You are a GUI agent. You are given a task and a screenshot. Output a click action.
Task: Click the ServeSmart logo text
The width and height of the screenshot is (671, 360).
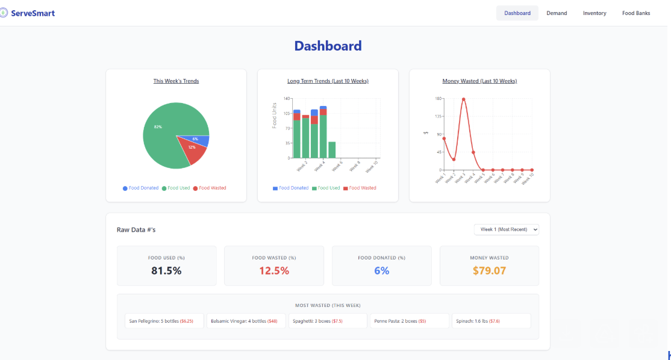click(33, 13)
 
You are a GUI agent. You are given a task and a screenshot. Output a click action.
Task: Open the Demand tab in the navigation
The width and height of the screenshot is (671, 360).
click(557, 13)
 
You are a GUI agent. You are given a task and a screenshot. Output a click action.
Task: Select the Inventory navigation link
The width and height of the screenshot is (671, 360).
click(595, 13)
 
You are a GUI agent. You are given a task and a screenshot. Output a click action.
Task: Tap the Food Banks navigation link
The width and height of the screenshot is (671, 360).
click(636, 13)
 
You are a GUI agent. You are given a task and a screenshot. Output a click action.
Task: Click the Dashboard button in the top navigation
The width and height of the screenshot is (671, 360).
click(517, 13)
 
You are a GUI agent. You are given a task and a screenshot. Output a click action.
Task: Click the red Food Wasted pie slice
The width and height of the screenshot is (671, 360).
click(194, 151)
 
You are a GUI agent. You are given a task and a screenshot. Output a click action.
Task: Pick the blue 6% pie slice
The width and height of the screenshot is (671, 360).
click(201, 140)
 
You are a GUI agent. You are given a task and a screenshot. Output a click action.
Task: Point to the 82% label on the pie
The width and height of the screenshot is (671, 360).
click(158, 127)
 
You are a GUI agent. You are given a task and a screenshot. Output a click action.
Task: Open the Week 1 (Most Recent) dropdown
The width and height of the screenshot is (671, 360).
click(507, 229)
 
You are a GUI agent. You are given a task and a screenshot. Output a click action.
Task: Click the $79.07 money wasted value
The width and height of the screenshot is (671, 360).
click(489, 271)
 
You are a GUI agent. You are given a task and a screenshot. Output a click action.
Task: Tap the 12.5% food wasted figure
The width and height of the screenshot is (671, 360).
click(274, 271)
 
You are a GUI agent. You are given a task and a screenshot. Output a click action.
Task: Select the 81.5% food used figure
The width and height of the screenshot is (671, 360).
click(166, 271)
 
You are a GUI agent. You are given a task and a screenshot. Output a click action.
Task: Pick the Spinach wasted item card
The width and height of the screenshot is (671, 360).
click(491, 321)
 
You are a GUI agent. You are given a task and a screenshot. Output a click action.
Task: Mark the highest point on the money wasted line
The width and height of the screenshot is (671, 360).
click(463, 99)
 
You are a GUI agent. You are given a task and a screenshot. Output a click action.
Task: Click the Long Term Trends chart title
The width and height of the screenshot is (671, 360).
click(328, 81)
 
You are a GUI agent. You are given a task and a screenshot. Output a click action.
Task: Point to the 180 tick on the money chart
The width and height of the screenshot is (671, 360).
click(438, 98)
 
